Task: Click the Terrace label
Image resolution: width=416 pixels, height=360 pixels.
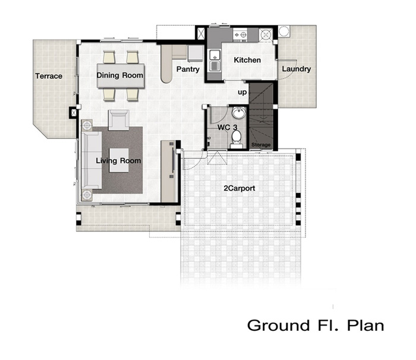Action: click(x=49, y=76)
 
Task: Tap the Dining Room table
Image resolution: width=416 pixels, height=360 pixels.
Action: click(x=121, y=75)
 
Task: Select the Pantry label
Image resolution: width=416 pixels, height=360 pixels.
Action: click(x=188, y=70)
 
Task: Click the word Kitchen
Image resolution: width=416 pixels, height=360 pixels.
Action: click(x=247, y=60)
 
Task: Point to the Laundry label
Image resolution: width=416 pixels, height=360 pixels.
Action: click(x=297, y=69)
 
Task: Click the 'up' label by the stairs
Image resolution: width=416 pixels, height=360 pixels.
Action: click(x=242, y=92)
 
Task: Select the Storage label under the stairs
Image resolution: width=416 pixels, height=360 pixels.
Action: click(x=261, y=144)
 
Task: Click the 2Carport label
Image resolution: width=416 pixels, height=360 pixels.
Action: click(x=239, y=188)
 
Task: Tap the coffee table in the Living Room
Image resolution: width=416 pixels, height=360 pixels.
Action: click(x=119, y=160)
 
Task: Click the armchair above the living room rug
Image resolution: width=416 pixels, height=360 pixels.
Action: click(x=119, y=120)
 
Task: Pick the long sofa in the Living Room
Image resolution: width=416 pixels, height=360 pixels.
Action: click(x=92, y=160)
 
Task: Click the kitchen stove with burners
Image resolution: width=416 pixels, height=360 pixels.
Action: click(x=240, y=35)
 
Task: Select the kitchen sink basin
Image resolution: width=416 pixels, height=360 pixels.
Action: click(x=215, y=61)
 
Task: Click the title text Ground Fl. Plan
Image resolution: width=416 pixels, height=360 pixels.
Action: click(x=316, y=325)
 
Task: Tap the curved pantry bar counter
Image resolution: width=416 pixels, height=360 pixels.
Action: click(x=166, y=64)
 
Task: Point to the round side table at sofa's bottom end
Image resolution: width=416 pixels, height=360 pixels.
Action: click(x=87, y=195)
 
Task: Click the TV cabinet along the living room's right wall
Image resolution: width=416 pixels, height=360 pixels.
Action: click(x=168, y=171)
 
